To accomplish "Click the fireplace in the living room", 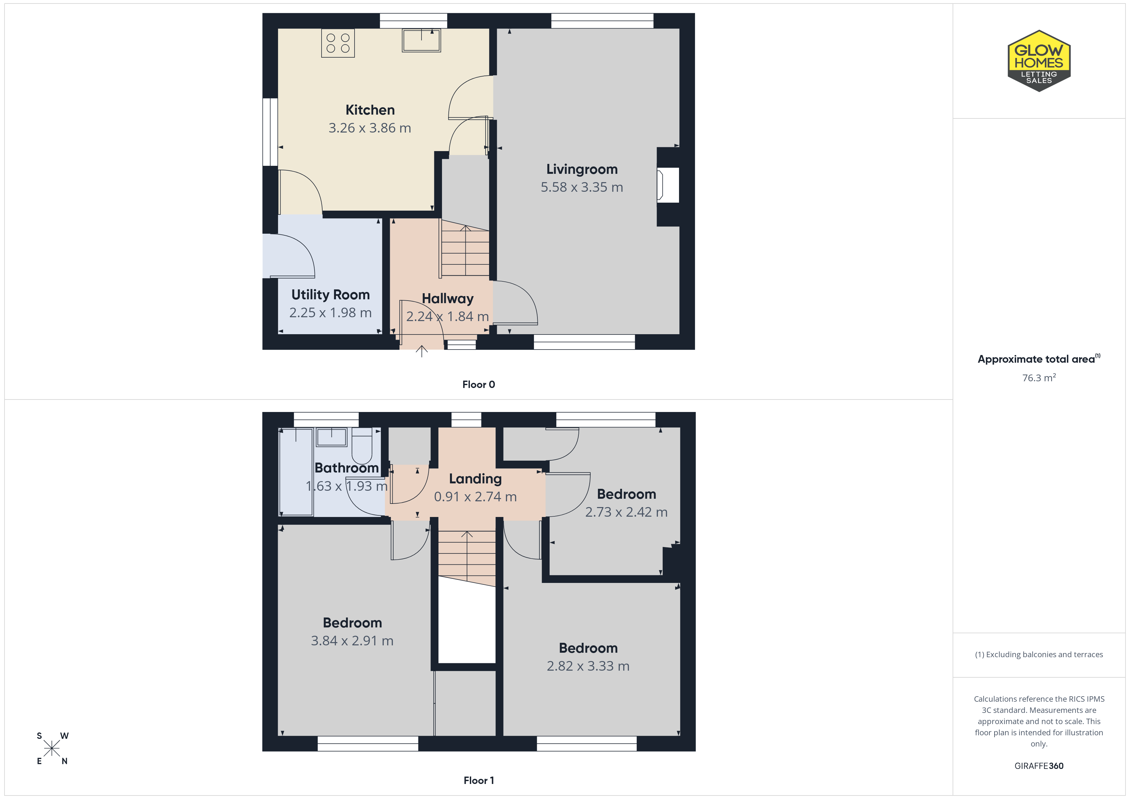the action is (x=668, y=185).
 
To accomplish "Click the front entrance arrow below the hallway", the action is (x=422, y=351).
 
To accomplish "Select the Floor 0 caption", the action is (x=479, y=384).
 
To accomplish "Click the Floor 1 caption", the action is (x=479, y=780).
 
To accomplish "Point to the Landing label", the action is (x=475, y=479).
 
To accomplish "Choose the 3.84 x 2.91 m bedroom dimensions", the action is (x=352, y=641).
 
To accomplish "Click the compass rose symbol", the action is (x=52, y=748).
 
